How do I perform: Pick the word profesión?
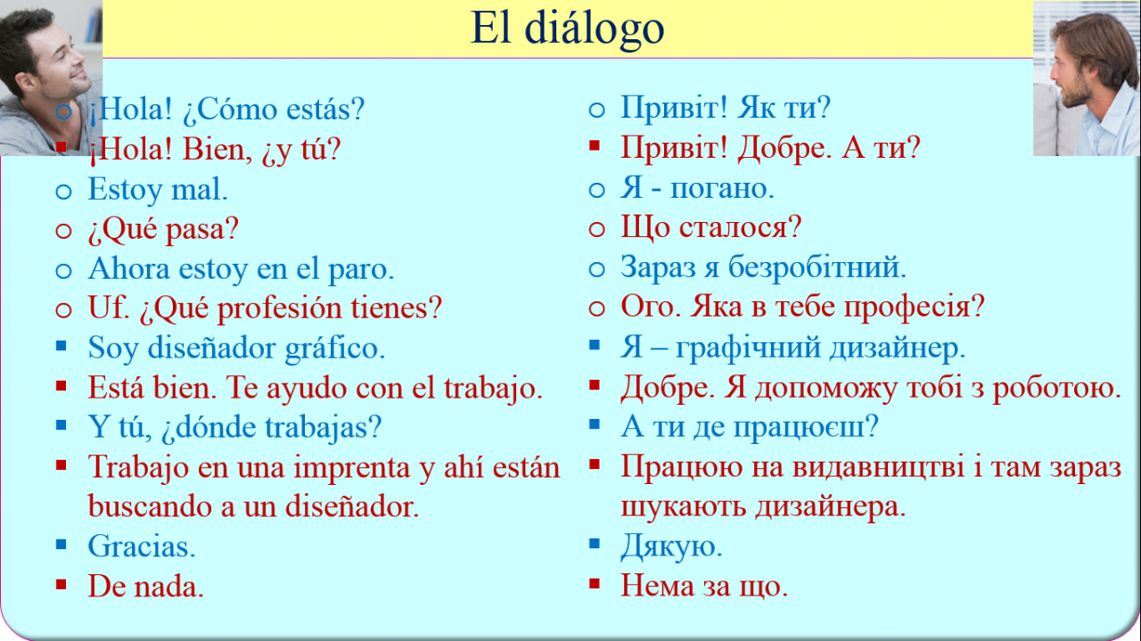tap(279, 309)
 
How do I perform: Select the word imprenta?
tap(352, 469)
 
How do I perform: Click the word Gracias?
tap(142, 546)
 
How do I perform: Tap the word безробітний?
tap(817, 267)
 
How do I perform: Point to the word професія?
tap(914, 308)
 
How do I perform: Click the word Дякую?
tap(671, 547)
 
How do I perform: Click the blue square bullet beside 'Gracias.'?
tap(62, 544)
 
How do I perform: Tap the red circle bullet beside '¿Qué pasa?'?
tap(63, 231)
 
